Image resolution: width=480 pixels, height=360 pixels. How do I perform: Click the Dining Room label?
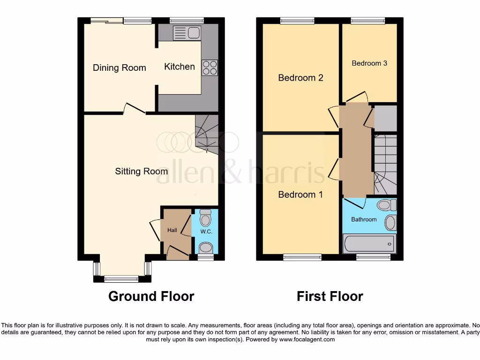point(119,67)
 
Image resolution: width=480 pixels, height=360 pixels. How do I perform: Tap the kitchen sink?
point(187,33)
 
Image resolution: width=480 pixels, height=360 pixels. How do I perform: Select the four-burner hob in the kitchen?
point(210,68)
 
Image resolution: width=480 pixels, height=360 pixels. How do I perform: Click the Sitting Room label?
point(141,171)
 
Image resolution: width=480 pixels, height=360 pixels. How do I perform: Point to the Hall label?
point(172,230)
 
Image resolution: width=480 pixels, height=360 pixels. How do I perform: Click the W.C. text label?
point(206,232)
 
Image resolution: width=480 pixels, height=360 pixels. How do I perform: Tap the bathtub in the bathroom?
point(369,244)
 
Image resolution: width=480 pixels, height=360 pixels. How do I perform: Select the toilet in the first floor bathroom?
point(387,205)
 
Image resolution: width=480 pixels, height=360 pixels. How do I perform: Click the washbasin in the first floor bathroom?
point(390,223)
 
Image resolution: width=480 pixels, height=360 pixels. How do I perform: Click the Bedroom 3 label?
point(369,63)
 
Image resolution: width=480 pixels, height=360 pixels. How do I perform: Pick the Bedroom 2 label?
point(300,77)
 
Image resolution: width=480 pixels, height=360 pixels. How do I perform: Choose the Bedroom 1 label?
point(300,194)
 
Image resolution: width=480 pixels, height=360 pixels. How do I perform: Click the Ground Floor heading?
point(151,296)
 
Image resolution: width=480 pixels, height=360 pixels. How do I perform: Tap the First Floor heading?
point(330,296)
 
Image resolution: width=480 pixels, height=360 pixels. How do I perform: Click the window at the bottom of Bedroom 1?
point(302,257)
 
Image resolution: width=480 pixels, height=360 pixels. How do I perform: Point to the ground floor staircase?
point(206,134)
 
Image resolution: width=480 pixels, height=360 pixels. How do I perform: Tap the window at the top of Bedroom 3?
point(368,21)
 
